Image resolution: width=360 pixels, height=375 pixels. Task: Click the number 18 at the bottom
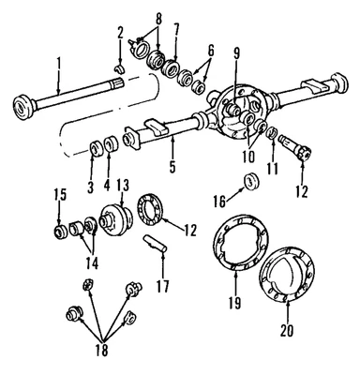99,350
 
